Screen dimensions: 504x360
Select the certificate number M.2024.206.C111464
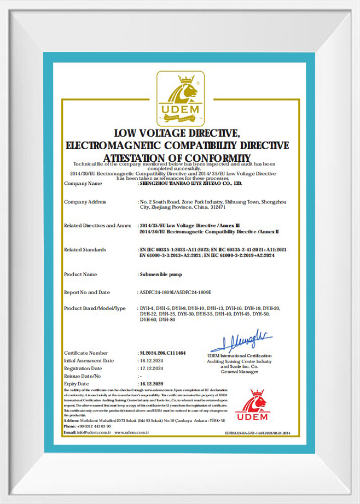(162, 353)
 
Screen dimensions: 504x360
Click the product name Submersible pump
(160, 274)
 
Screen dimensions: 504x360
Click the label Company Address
(85, 202)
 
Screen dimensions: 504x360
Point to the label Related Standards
(85, 249)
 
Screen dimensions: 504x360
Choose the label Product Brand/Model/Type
(95, 308)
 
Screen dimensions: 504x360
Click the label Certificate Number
(86, 353)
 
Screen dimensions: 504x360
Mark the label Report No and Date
(87, 292)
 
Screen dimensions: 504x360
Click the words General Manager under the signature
(239, 372)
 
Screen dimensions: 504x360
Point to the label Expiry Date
(77, 384)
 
